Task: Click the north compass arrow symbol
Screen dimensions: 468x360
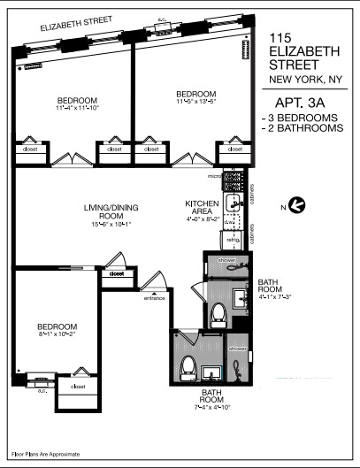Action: [x=298, y=205]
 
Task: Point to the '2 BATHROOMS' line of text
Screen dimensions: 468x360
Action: [x=303, y=128]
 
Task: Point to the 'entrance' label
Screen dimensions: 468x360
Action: [x=155, y=297]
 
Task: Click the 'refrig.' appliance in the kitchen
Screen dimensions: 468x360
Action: [x=234, y=239]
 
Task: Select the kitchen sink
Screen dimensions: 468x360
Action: [x=235, y=204]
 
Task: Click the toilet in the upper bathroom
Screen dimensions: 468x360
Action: [x=218, y=313]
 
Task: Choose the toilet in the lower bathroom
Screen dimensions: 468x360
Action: [x=186, y=366]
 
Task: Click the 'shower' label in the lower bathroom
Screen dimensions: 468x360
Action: [x=237, y=349]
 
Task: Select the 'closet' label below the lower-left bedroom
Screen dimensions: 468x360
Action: [x=78, y=387]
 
